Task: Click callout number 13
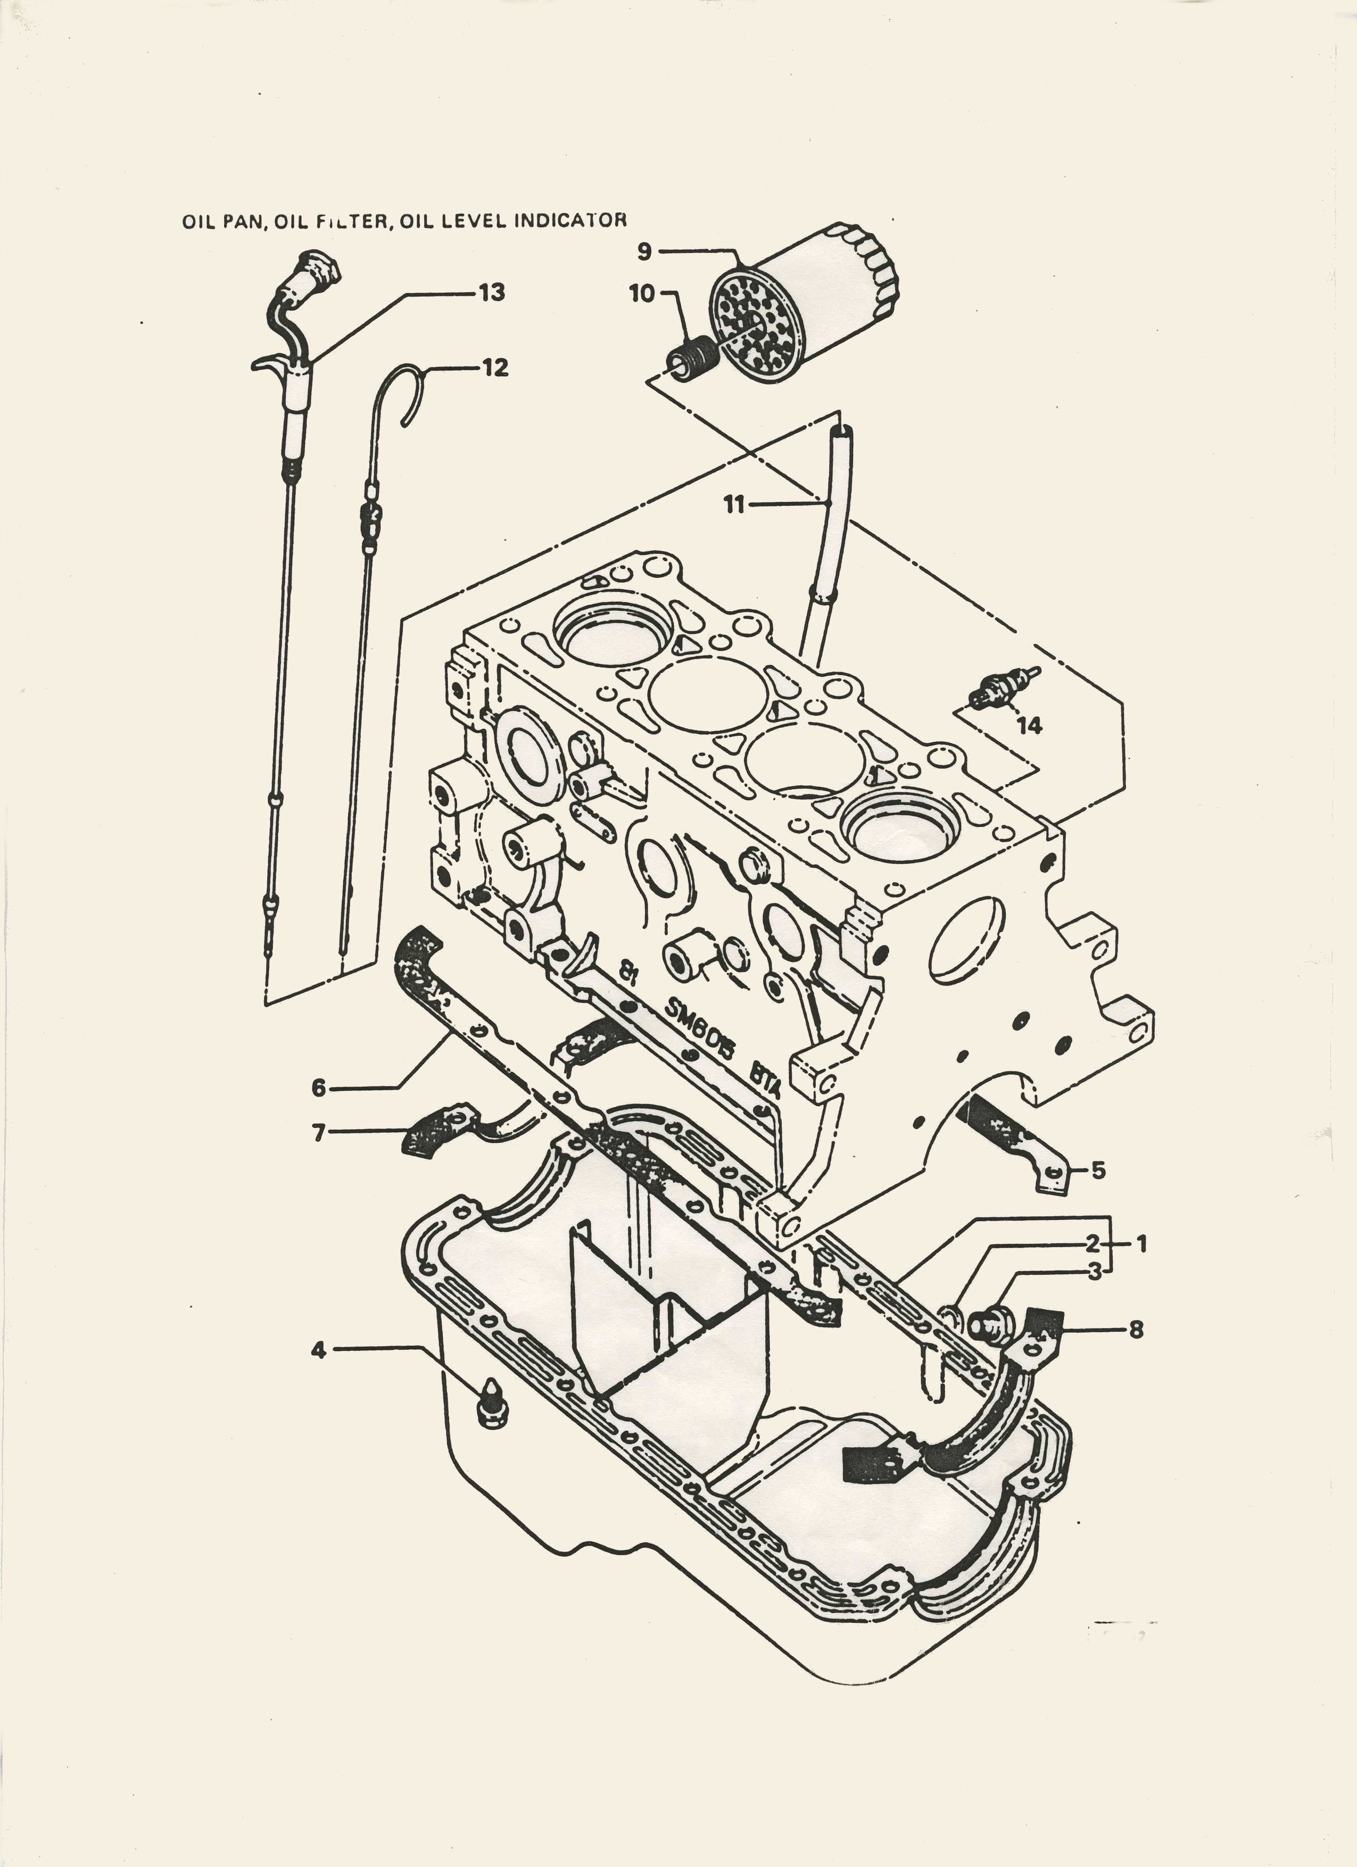coord(492,293)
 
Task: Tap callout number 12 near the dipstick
coord(495,368)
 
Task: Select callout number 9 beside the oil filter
coord(644,251)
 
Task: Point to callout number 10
coord(641,293)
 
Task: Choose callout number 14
coord(1029,725)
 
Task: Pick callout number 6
coord(319,1088)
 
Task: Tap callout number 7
coord(319,1133)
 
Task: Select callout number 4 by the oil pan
coord(319,1349)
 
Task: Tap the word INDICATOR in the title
coord(570,221)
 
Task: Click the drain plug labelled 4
coord(492,1402)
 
